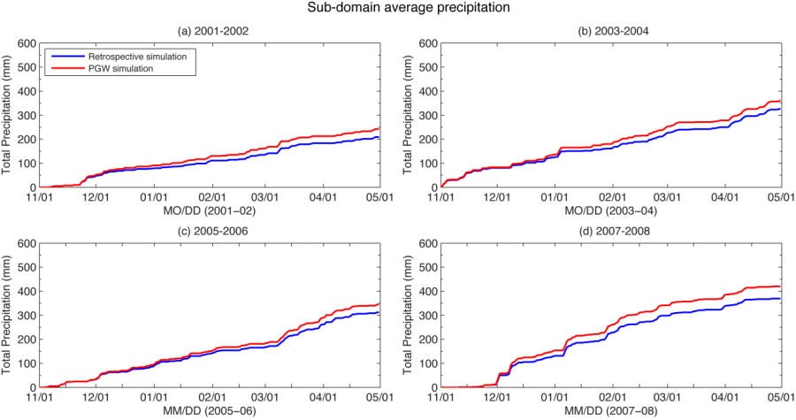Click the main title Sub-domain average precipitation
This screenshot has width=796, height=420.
pos(398,9)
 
